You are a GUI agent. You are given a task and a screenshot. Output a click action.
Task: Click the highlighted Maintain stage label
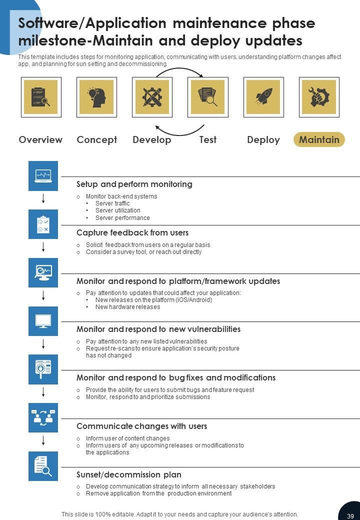[319, 139]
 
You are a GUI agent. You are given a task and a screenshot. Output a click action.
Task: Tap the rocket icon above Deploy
[263, 97]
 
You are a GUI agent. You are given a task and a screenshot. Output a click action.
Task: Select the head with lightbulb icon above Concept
[96, 97]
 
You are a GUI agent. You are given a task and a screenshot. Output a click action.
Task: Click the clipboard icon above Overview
[41, 97]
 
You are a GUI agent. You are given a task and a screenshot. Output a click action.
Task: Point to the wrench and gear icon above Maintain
[319, 97]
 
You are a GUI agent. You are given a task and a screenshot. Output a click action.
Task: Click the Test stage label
[207, 139]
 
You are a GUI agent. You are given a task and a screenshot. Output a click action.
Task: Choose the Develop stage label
[151, 139]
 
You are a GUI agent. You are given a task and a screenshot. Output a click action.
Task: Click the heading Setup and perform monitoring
[134, 184]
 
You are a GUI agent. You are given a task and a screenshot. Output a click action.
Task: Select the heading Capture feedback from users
[132, 232]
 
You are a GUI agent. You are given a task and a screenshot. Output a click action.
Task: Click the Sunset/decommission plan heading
[129, 474]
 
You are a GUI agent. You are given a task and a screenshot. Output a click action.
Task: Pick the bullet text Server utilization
[118, 210]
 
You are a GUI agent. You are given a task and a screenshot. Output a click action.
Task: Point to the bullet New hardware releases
[127, 307]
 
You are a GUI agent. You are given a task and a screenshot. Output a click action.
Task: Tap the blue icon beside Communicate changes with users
[43, 417]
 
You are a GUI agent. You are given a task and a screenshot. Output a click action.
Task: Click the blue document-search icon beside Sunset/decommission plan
[43, 466]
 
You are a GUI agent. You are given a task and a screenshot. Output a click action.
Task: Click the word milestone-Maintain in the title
[67, 40]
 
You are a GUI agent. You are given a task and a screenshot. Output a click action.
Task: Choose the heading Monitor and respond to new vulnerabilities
[158, 329]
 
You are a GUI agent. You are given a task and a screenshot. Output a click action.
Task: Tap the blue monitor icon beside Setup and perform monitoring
[43, 175]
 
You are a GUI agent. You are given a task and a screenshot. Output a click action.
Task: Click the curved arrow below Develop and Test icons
[179, 132]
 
